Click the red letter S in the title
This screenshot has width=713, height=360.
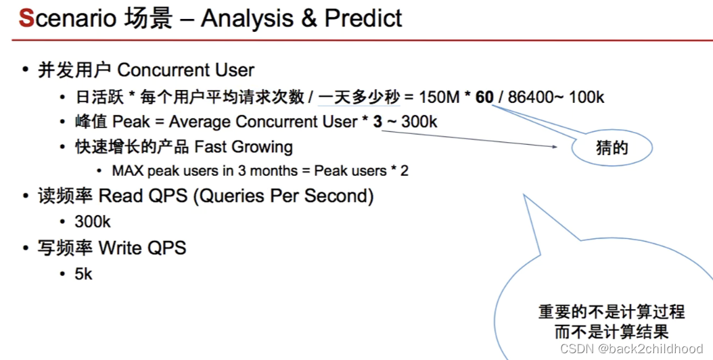tap(26, 18)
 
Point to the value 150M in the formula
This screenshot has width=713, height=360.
tap(440, 97)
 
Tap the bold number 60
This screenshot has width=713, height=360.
tap(484, 97)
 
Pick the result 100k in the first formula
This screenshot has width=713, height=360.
tap(586, 97)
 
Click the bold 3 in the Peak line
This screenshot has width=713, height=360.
tap(377, 122)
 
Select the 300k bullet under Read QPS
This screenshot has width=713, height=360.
tap(93, 222)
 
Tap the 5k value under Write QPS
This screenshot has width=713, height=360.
tap(84, 274)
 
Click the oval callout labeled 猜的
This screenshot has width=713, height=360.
tap(612, 148)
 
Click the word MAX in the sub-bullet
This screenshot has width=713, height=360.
tap(127, 171)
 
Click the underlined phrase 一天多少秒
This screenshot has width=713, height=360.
tap(359, 97)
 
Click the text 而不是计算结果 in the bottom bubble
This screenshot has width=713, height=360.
tap(612, 331)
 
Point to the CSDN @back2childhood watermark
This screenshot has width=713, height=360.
tap(632, 348)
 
